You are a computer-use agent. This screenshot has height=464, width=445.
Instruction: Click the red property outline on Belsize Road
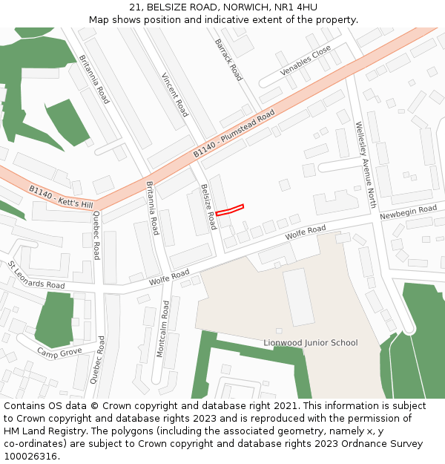click(x=230, y=210)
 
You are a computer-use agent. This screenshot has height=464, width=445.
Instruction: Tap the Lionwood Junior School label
click(x=310, y=343)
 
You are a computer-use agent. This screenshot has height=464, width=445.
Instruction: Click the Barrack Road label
click(x=228, y=60)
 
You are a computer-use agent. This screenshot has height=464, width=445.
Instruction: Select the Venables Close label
click(x=305, y=61)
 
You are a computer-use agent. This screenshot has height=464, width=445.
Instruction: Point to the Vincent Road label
click(x=175, y=94)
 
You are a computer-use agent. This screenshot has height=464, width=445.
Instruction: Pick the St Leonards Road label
click(x=36, y=275)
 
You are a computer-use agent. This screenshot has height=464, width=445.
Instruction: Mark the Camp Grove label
click(x=59, y=351)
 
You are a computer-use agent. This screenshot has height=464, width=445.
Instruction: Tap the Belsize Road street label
click(x=208, y=206)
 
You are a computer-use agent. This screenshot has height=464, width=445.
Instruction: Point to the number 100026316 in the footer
click(x=31, y=456)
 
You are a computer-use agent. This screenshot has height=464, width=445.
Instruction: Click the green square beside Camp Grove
click(x=54, y=318)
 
